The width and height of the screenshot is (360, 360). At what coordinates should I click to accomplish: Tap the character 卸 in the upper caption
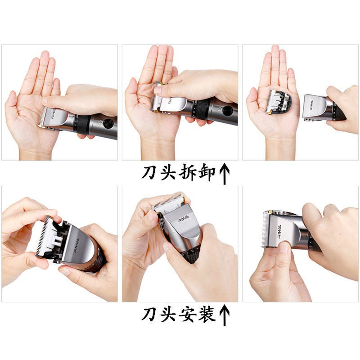[x=207, y=172]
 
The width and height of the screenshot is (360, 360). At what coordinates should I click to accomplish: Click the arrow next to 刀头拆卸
[x=225, y=174]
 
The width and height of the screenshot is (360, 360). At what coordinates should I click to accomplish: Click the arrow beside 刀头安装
[x=225, y=315]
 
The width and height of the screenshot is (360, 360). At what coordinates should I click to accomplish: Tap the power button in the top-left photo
[x=108, y=123]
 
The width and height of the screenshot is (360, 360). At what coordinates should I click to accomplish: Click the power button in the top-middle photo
[x=227, y=111]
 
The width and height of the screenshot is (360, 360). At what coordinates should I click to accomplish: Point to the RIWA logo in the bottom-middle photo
[x=183, y=219]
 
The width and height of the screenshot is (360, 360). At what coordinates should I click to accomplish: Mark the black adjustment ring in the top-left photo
[x=82, y=125]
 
